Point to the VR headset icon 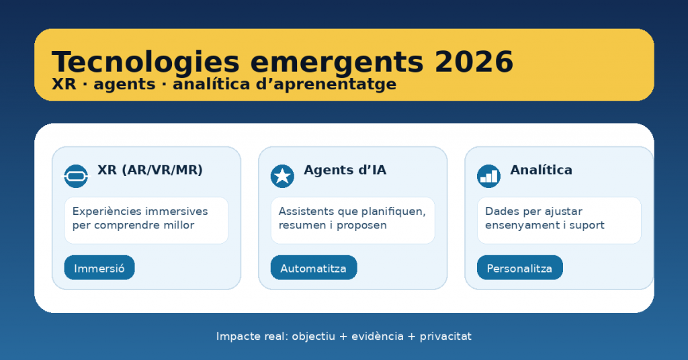coord(76,176)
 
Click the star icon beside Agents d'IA coord(282,176)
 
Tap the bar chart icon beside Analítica coord(489,176)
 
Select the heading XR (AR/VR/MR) coord(150,170)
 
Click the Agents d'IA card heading coord(345,170)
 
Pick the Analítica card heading coord(541,170)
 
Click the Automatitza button coord(314,267)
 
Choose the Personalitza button coord(519,267)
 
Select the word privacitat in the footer coord(445,336)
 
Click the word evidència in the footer coord(378,336)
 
